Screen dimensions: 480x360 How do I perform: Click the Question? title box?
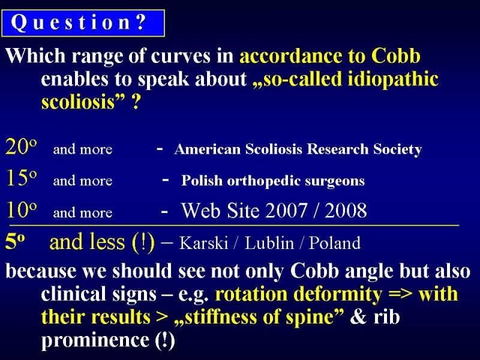pyautogui.click(x=83, y=23)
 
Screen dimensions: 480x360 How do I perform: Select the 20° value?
pyautogui.click(x=21, y=146)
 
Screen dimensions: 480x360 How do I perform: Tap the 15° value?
pyautogui.click(x=22, y=178)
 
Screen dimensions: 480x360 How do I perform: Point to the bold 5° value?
pyautogui.click(x=15, y=242)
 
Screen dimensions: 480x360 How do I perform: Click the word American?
pyautogui.click(x=208, y=149)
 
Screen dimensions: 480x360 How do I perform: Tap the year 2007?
pyautogui.click(x=286, y=211)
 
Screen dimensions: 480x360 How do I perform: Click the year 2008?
pyautogui.click(x=346, y=211)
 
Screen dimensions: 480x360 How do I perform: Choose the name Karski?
pyautogui.click(x=203, y=243)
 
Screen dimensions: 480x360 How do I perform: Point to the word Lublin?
pyautogui.click(x=269, y=243)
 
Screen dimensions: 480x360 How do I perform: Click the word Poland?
pyautogui.click(x=335, y=243)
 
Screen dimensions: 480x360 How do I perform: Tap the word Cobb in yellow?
pyautogui.click(x=396, y=56)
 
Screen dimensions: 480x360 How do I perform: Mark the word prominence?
pyautogui.click(x=95, y=340)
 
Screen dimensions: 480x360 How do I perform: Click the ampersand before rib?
pyautogui.click(x=358, y=317)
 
